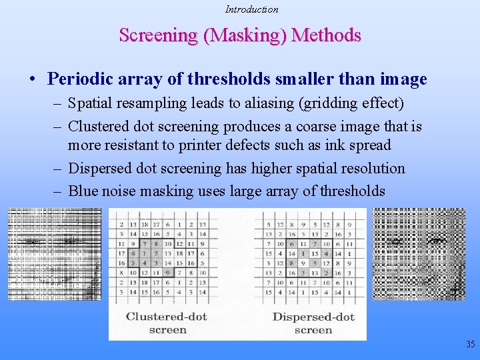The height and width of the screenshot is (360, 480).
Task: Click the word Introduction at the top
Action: (x=251, y=9)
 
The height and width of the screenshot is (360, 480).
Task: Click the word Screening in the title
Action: (x=159, y=35)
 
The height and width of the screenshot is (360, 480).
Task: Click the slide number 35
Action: (x=471, y=345)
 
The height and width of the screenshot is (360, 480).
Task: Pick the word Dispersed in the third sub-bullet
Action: (x=101, y=168)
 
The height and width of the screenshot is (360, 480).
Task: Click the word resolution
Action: (x=368, y=168)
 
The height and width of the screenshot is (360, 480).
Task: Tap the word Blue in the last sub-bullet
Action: (x=83, y=191)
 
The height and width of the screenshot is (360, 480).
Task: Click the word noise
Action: (x=120, y=191)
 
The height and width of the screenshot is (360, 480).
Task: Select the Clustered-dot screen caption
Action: (x=167, y=323)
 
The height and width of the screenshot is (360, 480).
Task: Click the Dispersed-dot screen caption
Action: (x=313, y=323)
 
